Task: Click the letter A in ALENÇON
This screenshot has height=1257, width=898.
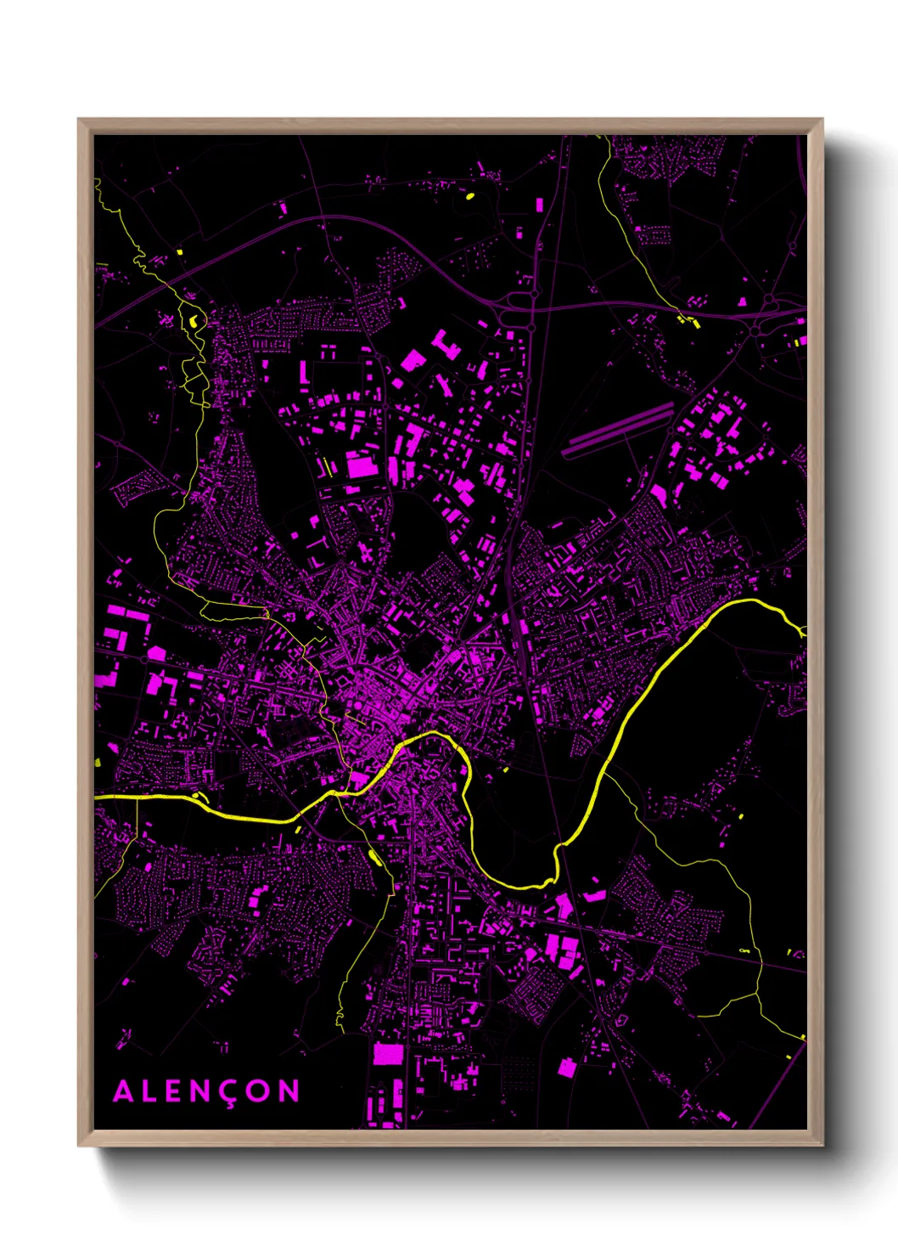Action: pos(123,1091)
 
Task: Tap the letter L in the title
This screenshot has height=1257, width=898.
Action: pos(151,1091)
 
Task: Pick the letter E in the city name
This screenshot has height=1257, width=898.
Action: pos(177,1091)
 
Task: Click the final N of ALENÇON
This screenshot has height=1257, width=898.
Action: pos(289,1091)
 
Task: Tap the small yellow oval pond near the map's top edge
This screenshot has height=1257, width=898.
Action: pos(469,196)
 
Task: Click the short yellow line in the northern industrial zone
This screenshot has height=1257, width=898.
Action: pos(325,465)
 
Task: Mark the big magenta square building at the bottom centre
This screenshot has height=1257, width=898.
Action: pos(388,1054)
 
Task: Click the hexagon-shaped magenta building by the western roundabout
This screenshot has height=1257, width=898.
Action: pos(156,653)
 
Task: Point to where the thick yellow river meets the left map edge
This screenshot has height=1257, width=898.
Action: pos(96,798)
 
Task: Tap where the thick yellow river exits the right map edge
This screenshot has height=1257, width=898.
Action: pos(804,631)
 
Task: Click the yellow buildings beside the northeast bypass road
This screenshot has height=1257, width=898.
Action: pos(688,321)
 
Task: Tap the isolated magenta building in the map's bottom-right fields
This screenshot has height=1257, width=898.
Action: pos(566,1068)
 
